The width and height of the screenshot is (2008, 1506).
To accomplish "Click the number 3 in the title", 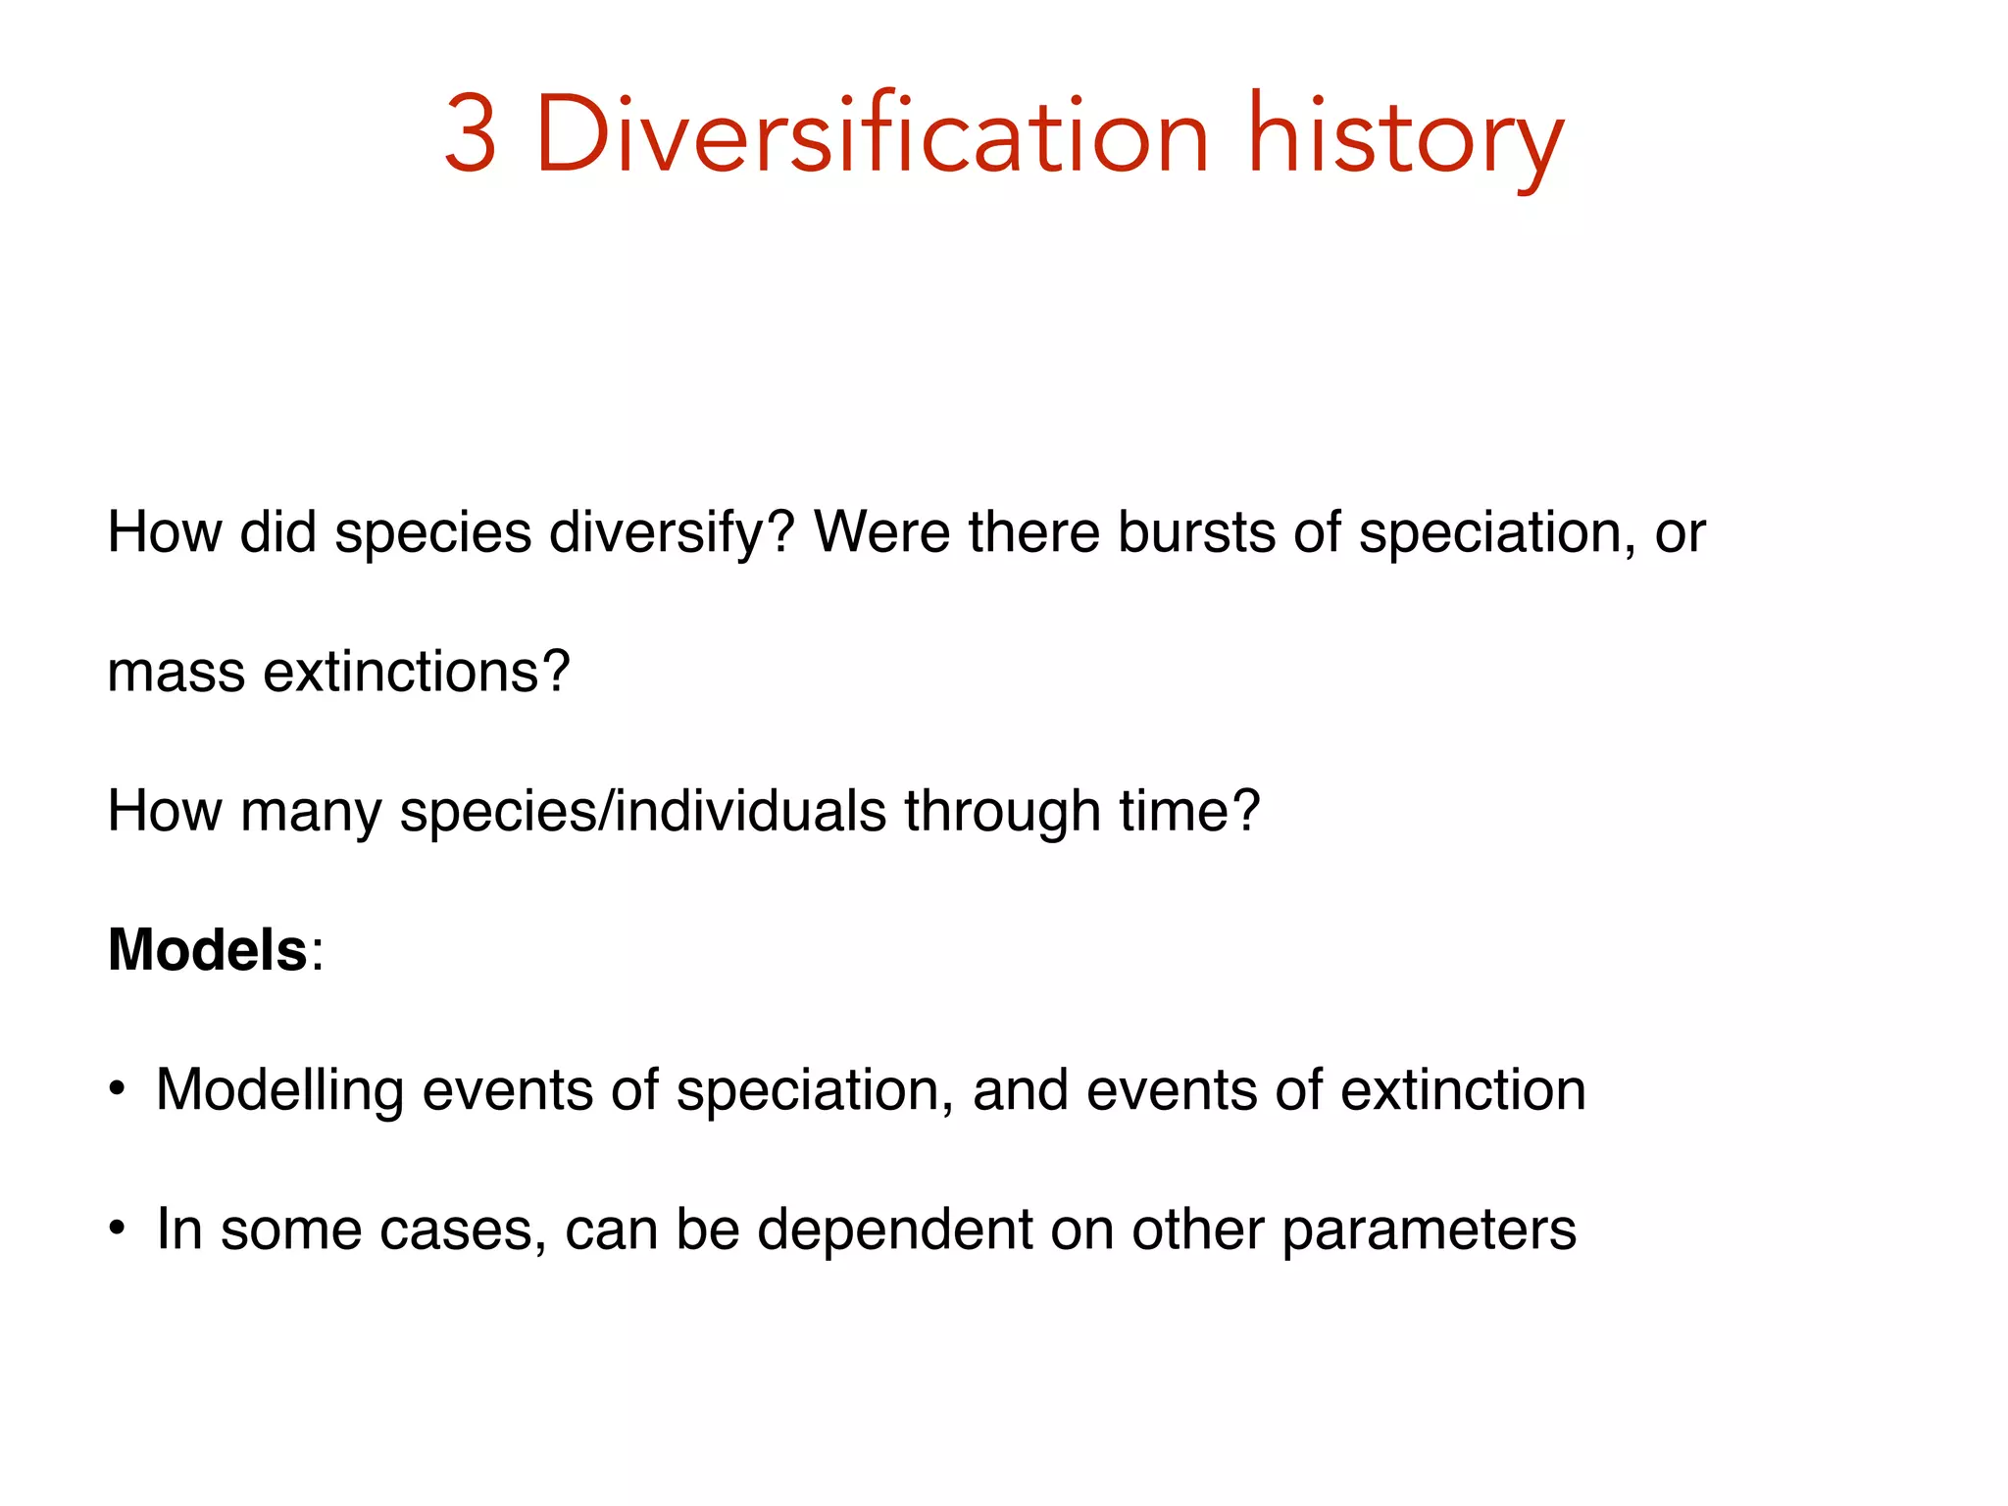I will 471,135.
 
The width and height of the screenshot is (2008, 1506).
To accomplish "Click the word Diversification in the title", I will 873,135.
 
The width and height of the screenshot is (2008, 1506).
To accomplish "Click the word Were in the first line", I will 881,532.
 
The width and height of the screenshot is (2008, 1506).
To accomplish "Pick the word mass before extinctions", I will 176,674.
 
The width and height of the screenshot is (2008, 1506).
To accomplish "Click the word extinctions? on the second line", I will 417,673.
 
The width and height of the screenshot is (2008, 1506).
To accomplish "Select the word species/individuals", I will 643,812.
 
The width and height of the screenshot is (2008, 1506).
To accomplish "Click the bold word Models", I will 208,950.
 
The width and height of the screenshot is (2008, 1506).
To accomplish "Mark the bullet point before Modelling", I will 118,1089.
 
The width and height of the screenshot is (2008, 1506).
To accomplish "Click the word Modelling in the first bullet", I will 279,1090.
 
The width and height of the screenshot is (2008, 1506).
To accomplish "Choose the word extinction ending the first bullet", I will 1463,1090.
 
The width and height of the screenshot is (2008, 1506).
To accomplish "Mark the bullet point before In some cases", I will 118,1229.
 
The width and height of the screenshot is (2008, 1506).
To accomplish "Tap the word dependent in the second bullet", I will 894,1230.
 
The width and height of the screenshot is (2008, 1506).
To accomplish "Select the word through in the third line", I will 1002,813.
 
